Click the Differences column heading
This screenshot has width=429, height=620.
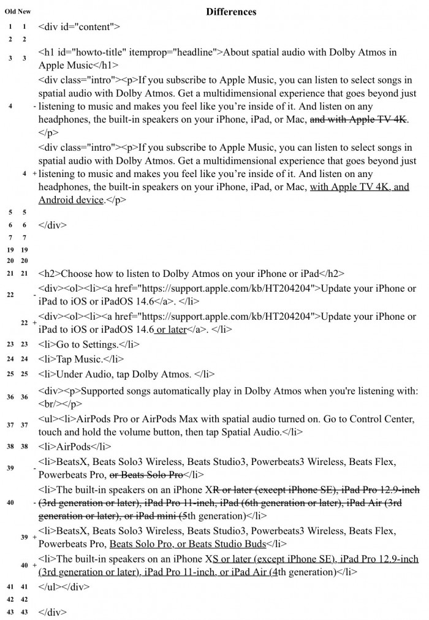(231, 12)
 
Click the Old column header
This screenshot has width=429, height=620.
(10, 12)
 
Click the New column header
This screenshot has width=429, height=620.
(25, 12)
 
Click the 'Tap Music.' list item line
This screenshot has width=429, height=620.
(81, 359)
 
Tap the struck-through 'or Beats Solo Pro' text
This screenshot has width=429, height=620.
(146, 474)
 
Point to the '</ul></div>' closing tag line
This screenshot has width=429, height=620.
(64, 586)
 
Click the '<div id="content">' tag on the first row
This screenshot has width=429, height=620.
(79, 27)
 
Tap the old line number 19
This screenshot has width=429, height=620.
(10, 250)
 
